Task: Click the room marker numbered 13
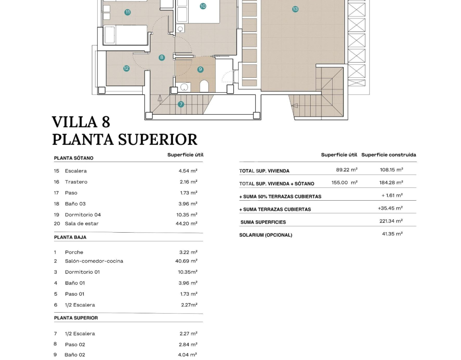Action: coord(295,9)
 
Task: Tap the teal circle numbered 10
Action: coord(203,6)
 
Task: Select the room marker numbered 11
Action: coord(128,12)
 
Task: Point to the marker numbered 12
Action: coord(127,68)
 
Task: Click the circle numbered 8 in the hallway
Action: coord(162,58)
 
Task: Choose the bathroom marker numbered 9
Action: coord(200,69)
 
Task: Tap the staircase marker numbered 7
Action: coord(181,104)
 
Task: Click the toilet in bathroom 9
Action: coord(204,86)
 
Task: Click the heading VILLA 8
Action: coord(81,122)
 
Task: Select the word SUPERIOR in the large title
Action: coord(158,139)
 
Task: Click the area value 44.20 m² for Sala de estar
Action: coord(188,224)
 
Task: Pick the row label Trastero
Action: coord(76,182)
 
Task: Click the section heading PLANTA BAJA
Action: coord(70,237)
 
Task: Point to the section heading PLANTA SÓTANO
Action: coord(74,158)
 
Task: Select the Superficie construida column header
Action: coord(389,155)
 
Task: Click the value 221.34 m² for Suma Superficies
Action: coord(391,221)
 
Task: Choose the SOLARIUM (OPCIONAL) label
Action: coord(266,235)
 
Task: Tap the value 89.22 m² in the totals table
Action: coord(347,170)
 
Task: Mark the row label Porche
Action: coord(74,252)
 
